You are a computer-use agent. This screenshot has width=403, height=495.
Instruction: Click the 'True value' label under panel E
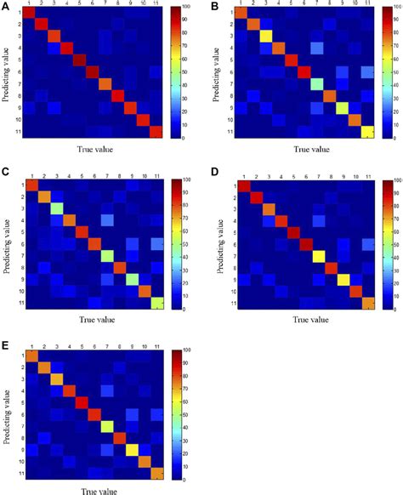pyautogui.click(x=95, y=490)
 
